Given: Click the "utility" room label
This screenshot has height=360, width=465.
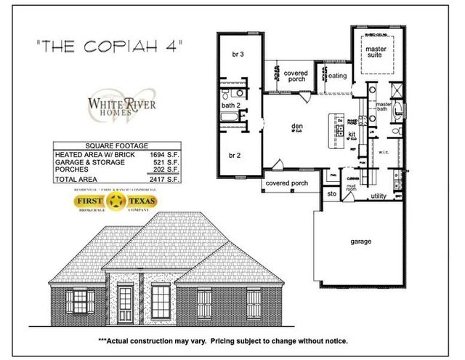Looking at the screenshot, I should coord(379,196).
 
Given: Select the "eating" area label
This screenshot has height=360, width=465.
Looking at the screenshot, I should coord(337,76).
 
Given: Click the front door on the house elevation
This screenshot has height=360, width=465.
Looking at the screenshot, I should coord(127,304).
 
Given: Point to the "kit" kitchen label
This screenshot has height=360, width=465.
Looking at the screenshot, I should coord(351,135).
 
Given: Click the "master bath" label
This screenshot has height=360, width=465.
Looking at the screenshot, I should coord(384,108).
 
